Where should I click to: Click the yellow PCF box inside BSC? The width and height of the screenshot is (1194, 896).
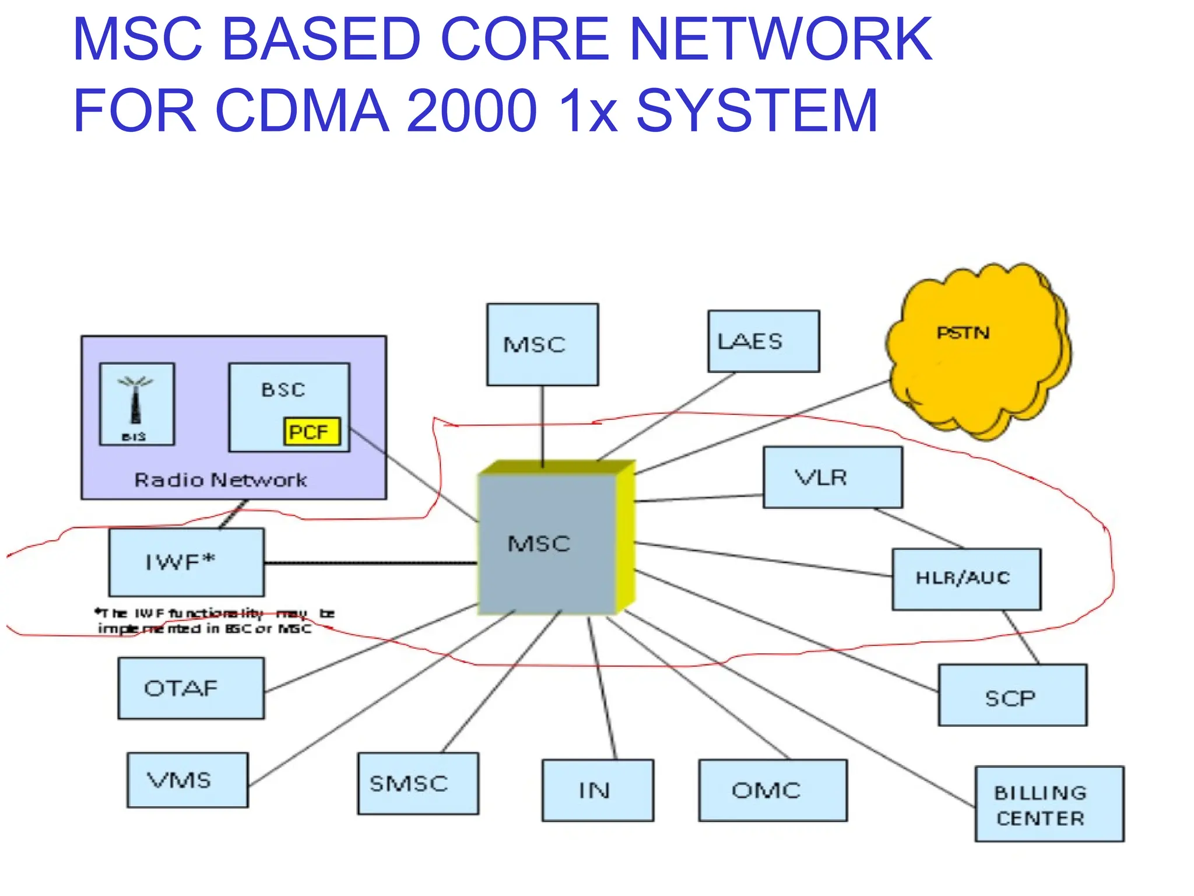pos(312,432)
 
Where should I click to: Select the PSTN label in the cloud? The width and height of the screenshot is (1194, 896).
pos(963,333)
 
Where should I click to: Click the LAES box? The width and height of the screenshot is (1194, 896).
pos(763,341)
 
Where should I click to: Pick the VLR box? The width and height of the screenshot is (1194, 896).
pos(833,477)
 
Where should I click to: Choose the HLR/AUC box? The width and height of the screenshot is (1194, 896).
pos(966,579)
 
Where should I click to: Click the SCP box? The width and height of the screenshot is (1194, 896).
pos(1012,695)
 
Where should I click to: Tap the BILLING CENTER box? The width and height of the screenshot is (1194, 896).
pos(1049,804)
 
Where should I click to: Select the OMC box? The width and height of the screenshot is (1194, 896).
pos(772,790)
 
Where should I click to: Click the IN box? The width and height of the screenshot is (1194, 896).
pos(597,790)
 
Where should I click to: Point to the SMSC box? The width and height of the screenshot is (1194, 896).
pos(417,783)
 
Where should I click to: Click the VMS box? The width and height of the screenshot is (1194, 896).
pos(187,780)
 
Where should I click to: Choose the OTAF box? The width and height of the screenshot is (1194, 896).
pos(191,688)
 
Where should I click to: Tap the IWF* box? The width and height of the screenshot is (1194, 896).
pos(186,562)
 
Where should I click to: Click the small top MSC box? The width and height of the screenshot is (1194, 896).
pos(542,344)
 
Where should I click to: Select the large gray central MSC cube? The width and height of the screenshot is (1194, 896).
pos(547,544)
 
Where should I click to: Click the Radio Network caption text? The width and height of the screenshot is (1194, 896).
pos(220,480)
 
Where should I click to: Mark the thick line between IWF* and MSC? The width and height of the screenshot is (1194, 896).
pos(370,563)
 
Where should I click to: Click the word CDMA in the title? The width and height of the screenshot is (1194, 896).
pos(302,110)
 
